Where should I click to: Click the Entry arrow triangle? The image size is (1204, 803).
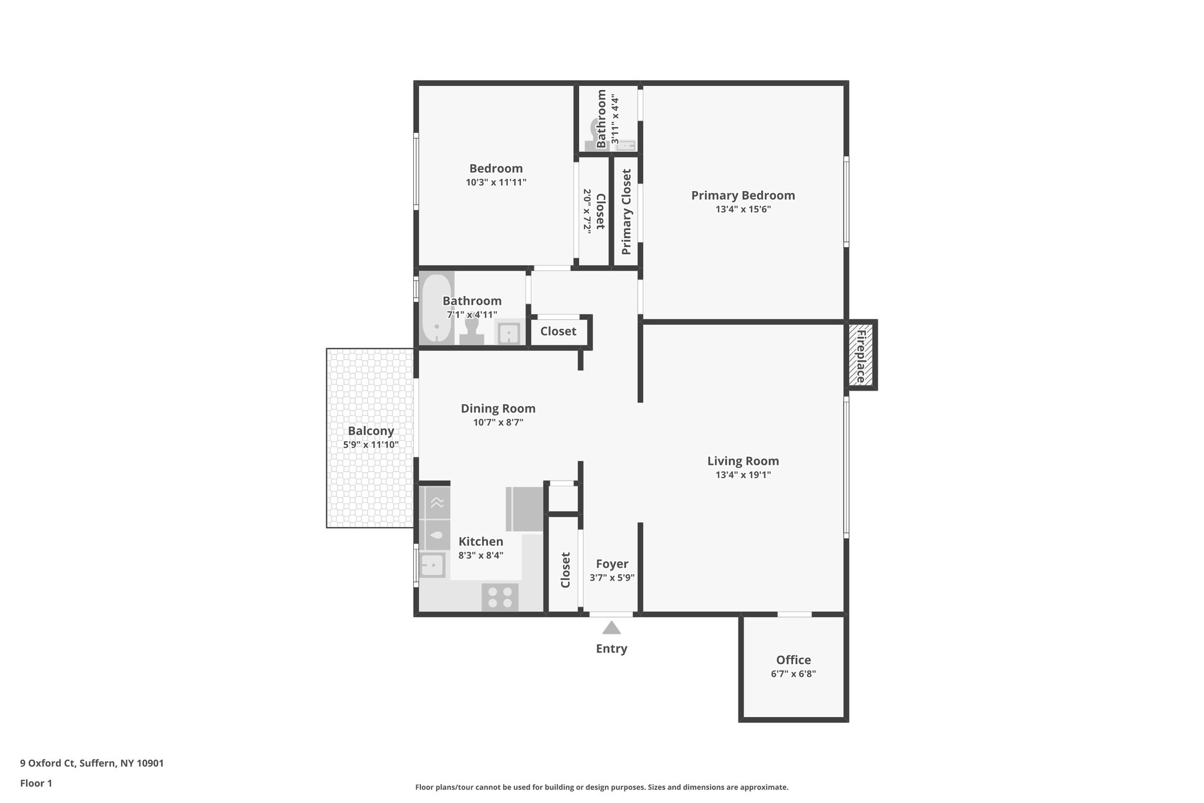click(x=611, y=628)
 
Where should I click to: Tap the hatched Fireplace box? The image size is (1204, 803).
click(x=861, y=355)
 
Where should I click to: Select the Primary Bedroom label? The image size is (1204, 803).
click(x=743, y=195)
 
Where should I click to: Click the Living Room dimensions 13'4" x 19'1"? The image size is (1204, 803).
click(x=743, y=475)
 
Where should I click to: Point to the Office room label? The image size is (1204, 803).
click(x=793, y=659)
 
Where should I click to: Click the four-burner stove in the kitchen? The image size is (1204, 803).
click(x=500, y=597)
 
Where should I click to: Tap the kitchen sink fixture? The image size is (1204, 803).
click(x=432, y=566)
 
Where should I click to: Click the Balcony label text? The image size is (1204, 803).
click(x=371, y=431)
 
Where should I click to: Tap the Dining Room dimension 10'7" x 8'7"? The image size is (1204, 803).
click(x=498, y=422)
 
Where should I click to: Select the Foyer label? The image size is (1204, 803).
click(x=612, y=564)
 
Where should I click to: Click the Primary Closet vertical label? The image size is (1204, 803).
click(x=626, y=212)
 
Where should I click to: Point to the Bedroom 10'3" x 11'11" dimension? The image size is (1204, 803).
click(x=496, y=182)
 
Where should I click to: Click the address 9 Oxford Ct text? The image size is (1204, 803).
click(x=92, y=763)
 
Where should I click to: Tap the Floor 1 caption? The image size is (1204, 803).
click(x=36, y=783)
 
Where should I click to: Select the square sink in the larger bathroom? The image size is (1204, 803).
click(x=509, y=334)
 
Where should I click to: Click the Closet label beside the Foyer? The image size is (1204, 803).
click(x=566, y=569)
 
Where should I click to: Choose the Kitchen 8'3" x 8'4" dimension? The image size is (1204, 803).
click(x=481, y=555)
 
